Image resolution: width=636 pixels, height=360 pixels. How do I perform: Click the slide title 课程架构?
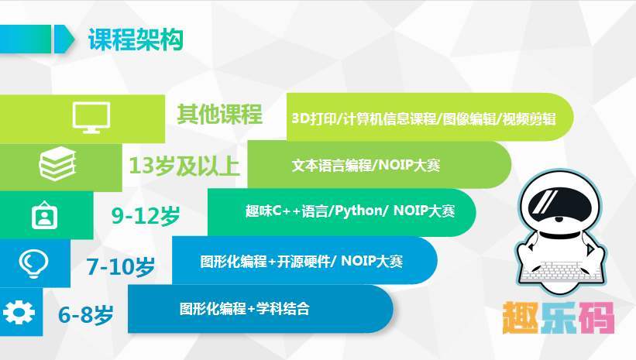pyautogui.click(x=136, y=39)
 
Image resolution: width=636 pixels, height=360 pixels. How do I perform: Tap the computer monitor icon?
pyautogui.click(x=91, y=118)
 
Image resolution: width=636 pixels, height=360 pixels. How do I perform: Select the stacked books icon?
pyautogui.click(x=57, y=164)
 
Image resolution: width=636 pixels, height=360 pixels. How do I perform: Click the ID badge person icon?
pyautogui.click(x=45, y=215)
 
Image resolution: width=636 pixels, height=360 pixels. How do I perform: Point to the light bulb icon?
pyautogui.click(x=33, y=263)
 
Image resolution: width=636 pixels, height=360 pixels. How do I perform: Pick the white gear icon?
pyautogui.click(x=19, y=312)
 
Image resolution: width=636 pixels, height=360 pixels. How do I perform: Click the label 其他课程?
pyautogui.click(x=219, y=114)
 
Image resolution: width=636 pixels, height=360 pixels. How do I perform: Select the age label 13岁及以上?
pyautogui.click(x=184, y=166)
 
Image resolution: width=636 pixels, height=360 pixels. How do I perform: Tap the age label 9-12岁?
pyautogui.click(x=146, y=215)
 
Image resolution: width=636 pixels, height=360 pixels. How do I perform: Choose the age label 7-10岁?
pyautogui.click(x=121, y=266)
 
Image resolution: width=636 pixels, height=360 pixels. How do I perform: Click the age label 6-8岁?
pyautogui.click(x=85, y=314)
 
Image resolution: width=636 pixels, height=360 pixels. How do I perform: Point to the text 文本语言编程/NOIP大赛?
pyautogui.click(x=366, y=165)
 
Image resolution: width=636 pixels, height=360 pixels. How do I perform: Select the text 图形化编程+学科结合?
pyautogui.click(x=245, y=309)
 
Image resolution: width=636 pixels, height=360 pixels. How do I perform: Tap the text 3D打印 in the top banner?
pyautogui.click(x=315, y=118)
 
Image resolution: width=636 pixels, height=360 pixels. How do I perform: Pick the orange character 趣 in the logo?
pyautogui.click(x=521, y=317)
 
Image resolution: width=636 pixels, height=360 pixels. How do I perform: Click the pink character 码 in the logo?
pyautogui.click(x=596, y=317)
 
